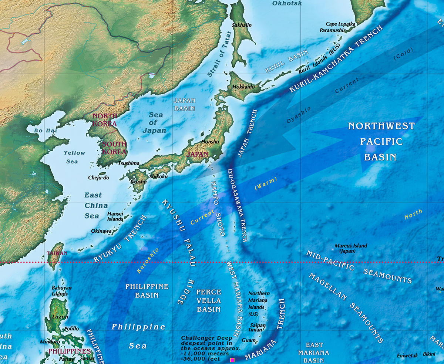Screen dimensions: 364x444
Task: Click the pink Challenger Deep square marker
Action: (x=232, y=360)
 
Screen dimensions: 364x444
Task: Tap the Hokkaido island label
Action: (x=244, y=87)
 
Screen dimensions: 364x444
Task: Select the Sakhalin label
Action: (x=242, y=25)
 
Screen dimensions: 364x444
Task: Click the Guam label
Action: (x=248, y=340)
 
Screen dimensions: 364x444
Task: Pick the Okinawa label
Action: (x=101, y=231)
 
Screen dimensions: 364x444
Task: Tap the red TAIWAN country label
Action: (x=57, y=253)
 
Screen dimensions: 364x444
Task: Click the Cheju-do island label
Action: (x=99, y=178)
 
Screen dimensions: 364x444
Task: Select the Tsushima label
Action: (x=129, y=163)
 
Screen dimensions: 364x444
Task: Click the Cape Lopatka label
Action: (x=340, y=24)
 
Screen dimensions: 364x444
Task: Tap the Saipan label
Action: (x=258, y=325)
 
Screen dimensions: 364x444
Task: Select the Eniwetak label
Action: (x=407, y=355)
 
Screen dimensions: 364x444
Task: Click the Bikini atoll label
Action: (x=429, y=354)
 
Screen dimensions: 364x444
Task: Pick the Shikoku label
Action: (x=158, y=176)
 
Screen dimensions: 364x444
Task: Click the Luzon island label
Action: (x=61, y=317)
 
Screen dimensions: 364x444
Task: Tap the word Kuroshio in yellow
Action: (x=148, y=260)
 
